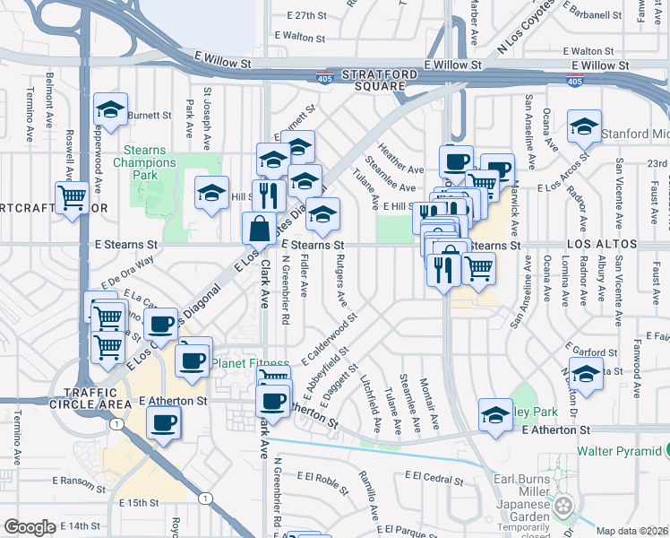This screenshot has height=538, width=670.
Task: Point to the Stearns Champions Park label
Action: click(x=144, y=163)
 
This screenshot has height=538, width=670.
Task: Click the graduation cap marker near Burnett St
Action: click(x=111, y=110)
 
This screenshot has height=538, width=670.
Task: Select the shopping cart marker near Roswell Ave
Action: click(x=71, y=196)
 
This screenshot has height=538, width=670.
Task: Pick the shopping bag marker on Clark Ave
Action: click(x=259, y=229)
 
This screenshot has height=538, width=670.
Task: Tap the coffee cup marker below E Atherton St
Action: click(x=162, y=423)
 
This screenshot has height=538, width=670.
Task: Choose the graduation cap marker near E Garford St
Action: click(x=586, y=374)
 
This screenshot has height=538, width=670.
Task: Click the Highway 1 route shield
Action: click(x=207, y=498)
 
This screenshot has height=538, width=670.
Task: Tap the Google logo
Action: click(x=30, y=527)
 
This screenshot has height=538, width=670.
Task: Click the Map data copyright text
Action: click(x=631, y=531)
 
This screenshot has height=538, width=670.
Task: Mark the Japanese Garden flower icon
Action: click(x=563, y=506)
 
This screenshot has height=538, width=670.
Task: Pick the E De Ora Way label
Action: click(x=128, y=271)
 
